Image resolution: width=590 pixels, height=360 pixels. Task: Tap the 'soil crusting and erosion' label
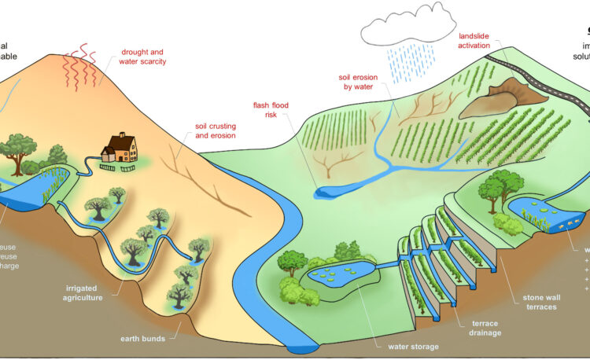tap(216, 130)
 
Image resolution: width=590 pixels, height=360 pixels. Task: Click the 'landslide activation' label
tap(480, 40)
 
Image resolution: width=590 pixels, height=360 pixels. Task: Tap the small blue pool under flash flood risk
tap(325, 191)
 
